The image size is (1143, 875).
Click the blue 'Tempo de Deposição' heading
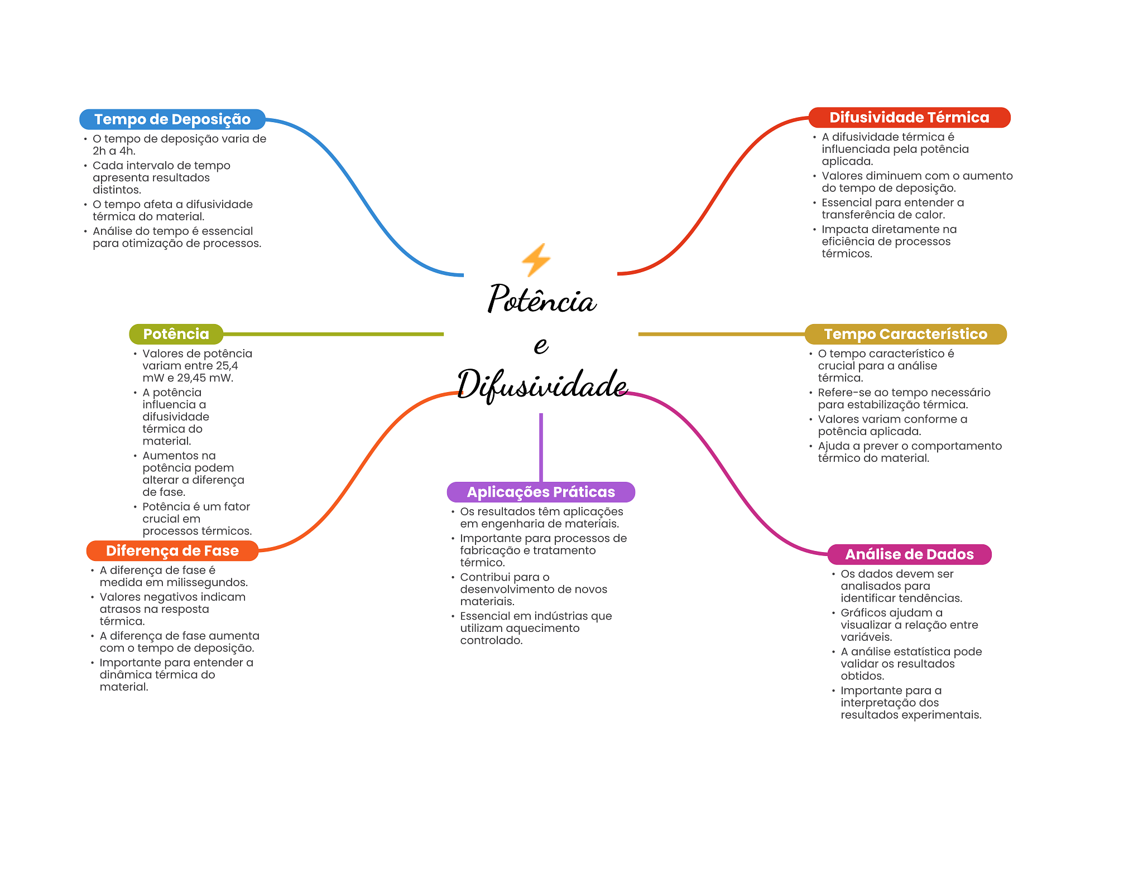coord(172,119)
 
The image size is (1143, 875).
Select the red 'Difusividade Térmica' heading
coord(909,118)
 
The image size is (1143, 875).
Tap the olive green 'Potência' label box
coord(176,334)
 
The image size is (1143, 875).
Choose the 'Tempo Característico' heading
coord(905,334)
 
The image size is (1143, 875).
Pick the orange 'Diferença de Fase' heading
coord(172,551)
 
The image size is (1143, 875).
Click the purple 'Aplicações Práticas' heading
coord(541,492)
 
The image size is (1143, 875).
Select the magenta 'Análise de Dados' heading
coord(909,554)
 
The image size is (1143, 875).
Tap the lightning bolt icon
coord(536,260)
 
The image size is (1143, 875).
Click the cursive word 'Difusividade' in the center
coord(541,384)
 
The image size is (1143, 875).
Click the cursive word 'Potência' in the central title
coord(541,299)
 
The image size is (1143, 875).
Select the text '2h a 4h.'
coord(114,151)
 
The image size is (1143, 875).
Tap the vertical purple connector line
coord(541,446)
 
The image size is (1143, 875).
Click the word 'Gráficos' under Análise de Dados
coord(863,613)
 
